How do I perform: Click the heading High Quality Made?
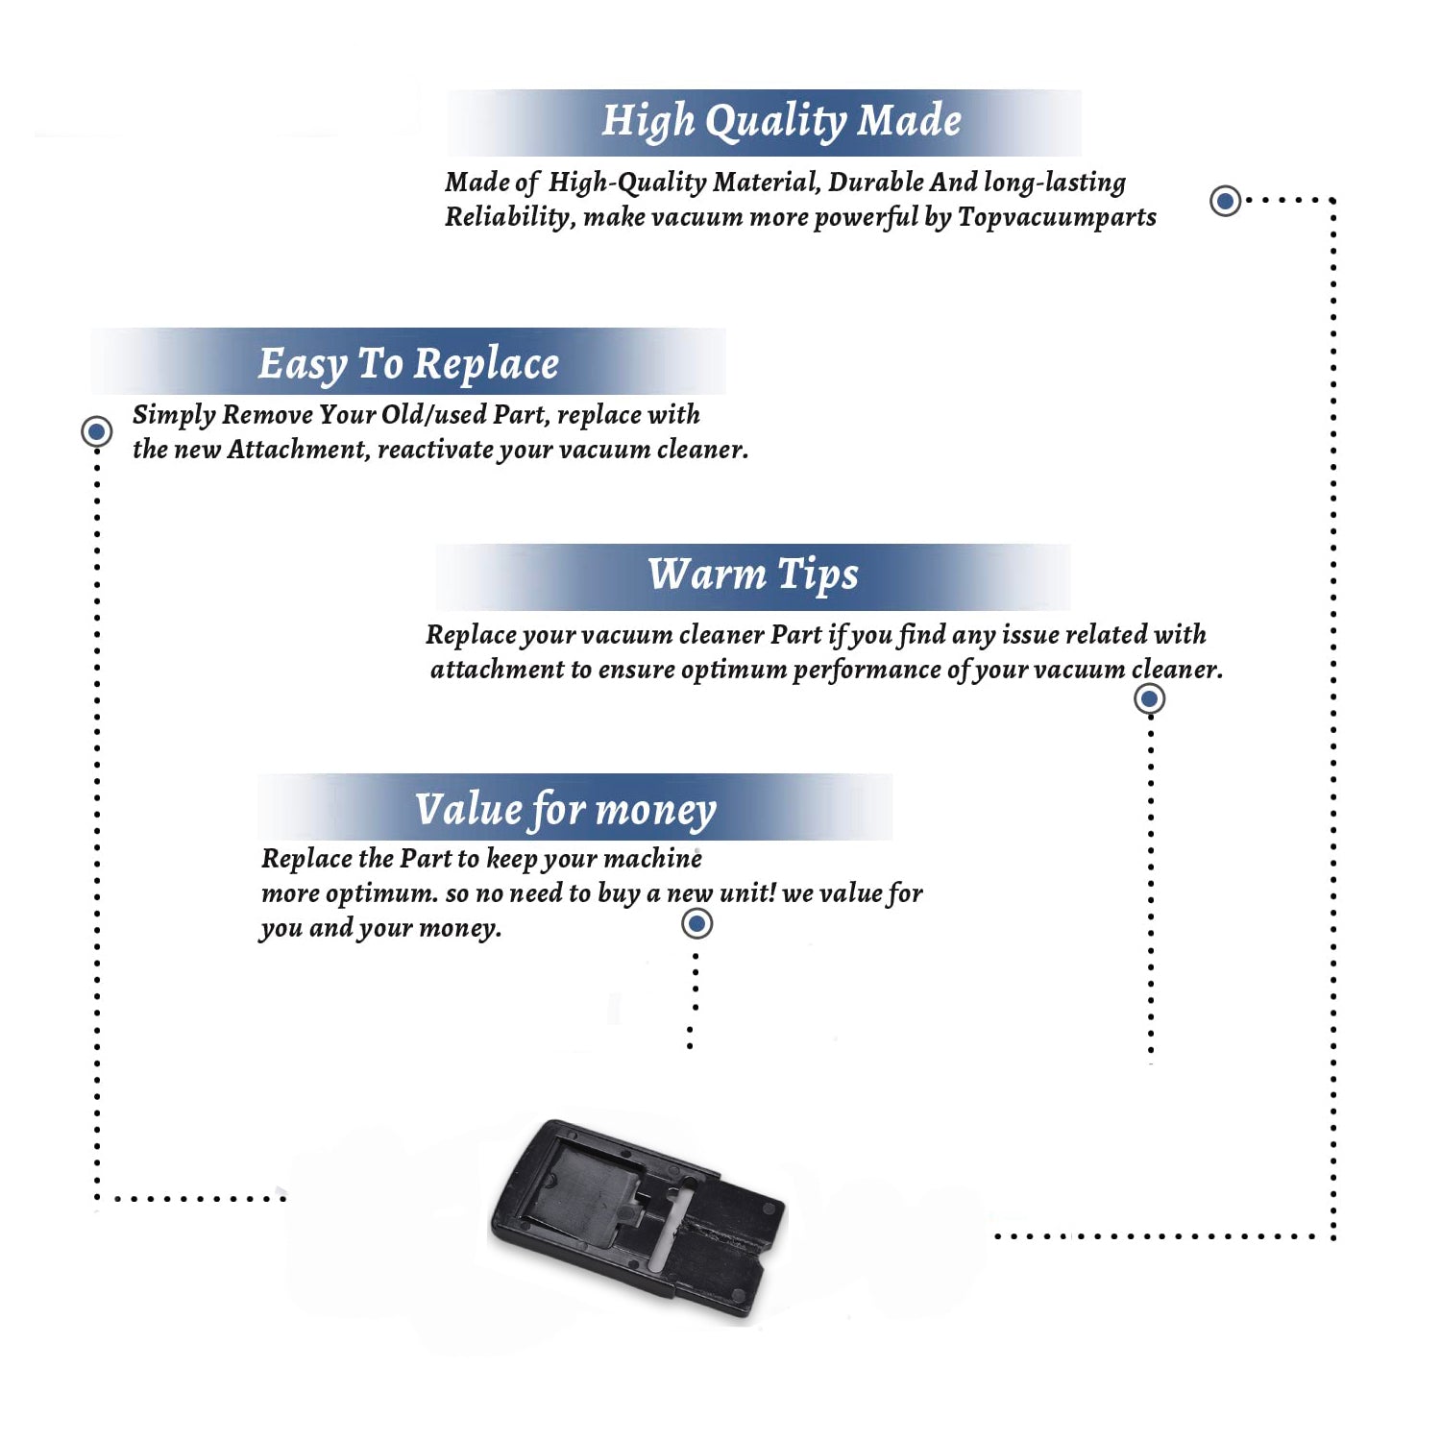781,122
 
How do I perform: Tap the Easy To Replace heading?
408,364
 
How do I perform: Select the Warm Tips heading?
753,575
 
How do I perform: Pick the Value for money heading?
566,810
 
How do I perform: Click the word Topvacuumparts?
1058,218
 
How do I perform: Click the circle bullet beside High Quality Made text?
1225,201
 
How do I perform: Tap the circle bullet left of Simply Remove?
96,431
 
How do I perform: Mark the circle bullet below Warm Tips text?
1149,698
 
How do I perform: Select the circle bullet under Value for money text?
696,924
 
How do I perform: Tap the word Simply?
174,415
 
